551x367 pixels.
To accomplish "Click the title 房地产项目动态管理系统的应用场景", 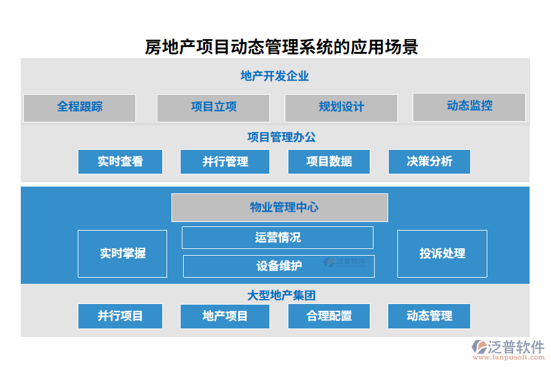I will point(281,47).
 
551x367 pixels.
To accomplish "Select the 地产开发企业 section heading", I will point(274,76).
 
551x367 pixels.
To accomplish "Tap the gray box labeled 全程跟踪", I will point(80,107).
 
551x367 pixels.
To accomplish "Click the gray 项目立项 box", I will point(213,108).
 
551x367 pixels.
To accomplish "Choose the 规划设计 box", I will point(341,108).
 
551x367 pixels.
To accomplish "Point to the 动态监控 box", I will point(469,106).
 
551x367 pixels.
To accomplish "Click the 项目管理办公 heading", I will point(281,137).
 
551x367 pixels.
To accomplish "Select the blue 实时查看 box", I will point(120,161).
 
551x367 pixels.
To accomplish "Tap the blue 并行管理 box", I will point(225,161).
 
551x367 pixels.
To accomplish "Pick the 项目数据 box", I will point(329,161).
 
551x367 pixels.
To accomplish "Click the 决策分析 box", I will point(429,161).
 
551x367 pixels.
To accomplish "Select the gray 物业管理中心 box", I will point(279,207).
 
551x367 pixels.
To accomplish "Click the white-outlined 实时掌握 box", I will point(122,253).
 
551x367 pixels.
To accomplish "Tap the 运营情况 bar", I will point(277,237).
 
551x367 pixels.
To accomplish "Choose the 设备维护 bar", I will point(279,266).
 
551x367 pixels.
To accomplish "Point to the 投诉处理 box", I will point(442,253).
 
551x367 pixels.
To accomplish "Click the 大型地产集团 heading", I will point(281,295).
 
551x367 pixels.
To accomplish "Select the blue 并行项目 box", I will point(120,316).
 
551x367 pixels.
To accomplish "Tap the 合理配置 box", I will point(329,316).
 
